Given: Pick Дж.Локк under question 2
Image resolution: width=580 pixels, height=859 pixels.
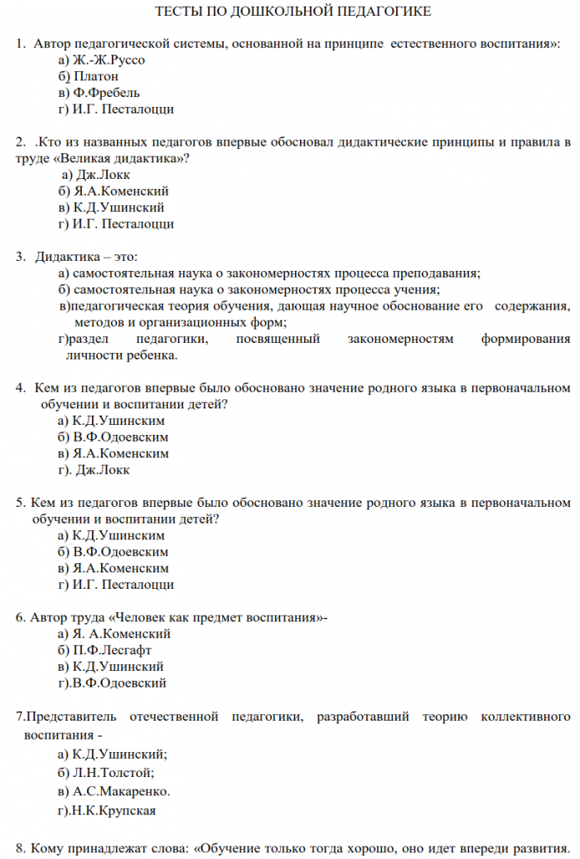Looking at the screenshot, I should click(104, 174).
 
